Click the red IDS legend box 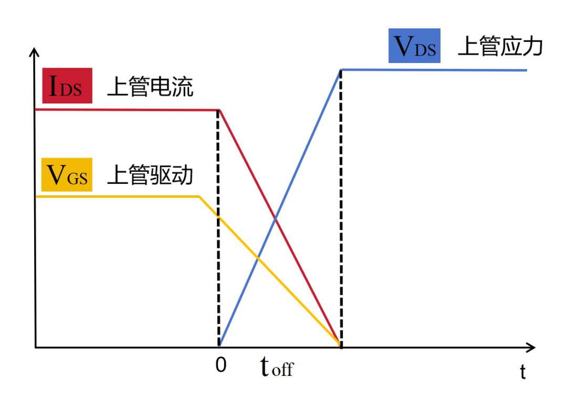pyautogui.click(x=67, y=86)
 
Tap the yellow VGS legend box pyautogui.click(x=67, y=175)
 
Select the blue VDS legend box pyautogui.click(x=414, y=46)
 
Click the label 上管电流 pyautogui.click(x=151, y=87)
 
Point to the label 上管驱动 pyautogui.click(x=151, y=175)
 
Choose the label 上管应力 pyautogui.click(x=500, y=46)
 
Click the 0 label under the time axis pyautogui.click(x=221, y=365)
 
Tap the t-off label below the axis pyautogui.click(x=277, y=366)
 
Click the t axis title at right pyautogui.click(x=523, y=371)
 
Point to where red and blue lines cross pyautogui.click(x=275, y=218)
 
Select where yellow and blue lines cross pyautogui.click(x=258, y=257)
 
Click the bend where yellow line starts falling pyautogui.click(x=199, y=196)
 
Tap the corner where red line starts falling pyautogui.click(x=219, y=110)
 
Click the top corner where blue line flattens pyautogui.click(x=341, y=69)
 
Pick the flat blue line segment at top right pyautogui.click(x=434, y=70)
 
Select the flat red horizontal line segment pyautogui.click(x=127, y=110)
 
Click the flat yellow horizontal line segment pyautogui.click(x=118, y=196)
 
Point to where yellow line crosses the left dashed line pyautogui.click(x=218, y=216)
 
